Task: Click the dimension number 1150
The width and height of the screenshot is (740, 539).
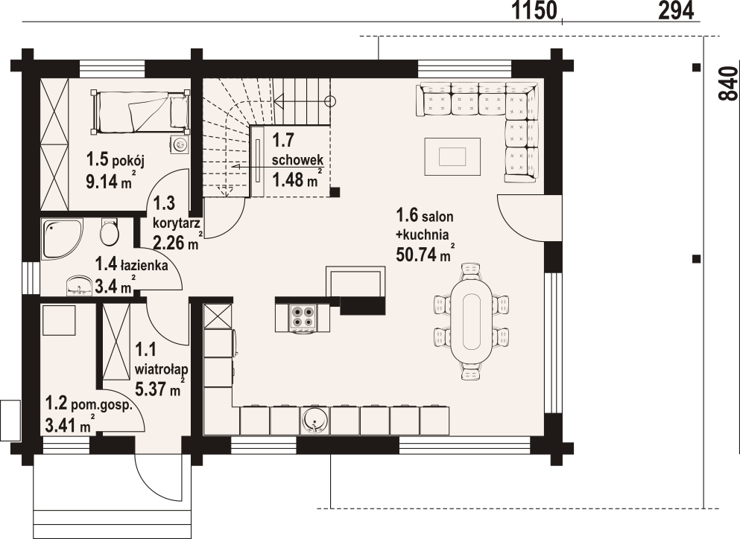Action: click(535, 10)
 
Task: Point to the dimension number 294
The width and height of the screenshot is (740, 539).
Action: click(677, 10)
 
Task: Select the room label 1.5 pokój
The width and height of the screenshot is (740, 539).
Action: click(116, 160)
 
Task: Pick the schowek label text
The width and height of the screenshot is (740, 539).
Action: click(297, 159)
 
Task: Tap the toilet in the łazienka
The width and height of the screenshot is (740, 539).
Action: click(110, 232)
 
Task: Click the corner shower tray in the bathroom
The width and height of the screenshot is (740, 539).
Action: click(62, 239)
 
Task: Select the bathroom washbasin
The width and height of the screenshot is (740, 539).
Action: click(79, 286)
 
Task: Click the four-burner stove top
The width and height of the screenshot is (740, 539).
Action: click(303, 317)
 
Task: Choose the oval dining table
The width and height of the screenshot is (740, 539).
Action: click(471, 321)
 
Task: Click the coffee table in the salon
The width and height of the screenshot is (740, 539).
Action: click(452, 156)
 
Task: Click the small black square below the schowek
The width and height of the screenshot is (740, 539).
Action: click(335, 191)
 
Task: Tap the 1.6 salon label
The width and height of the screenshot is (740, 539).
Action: click(425, 216)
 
